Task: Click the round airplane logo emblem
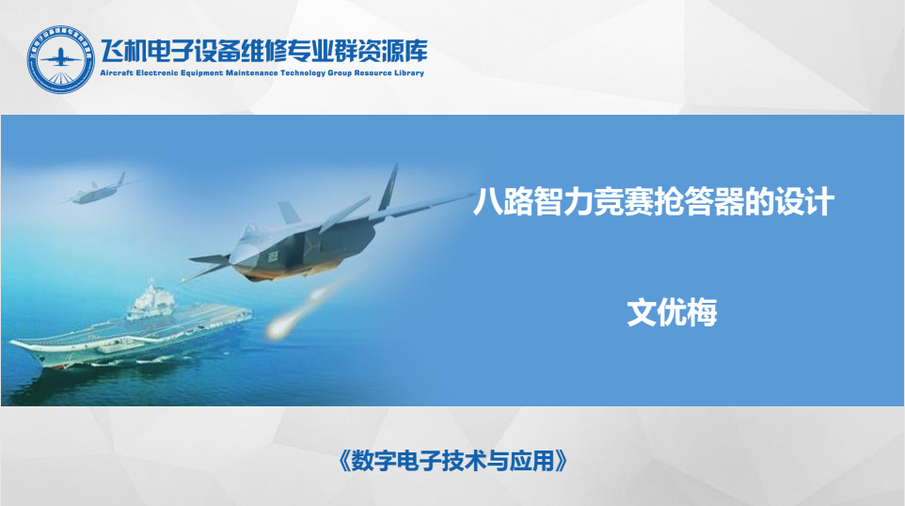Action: pos(60,59)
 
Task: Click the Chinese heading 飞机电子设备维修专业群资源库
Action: pos(263,52)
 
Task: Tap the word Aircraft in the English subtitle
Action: pos(117,72)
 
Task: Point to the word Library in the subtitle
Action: pos(409,72)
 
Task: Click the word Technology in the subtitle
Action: pos(303,72)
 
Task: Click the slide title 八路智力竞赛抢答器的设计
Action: pos(654,202)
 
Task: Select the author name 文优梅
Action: pos(672,312)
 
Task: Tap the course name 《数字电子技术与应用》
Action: pos(453,461)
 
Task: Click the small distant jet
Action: pos(97,190)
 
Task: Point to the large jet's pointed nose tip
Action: pos(190,259)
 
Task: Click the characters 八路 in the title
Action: pos(503,202)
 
